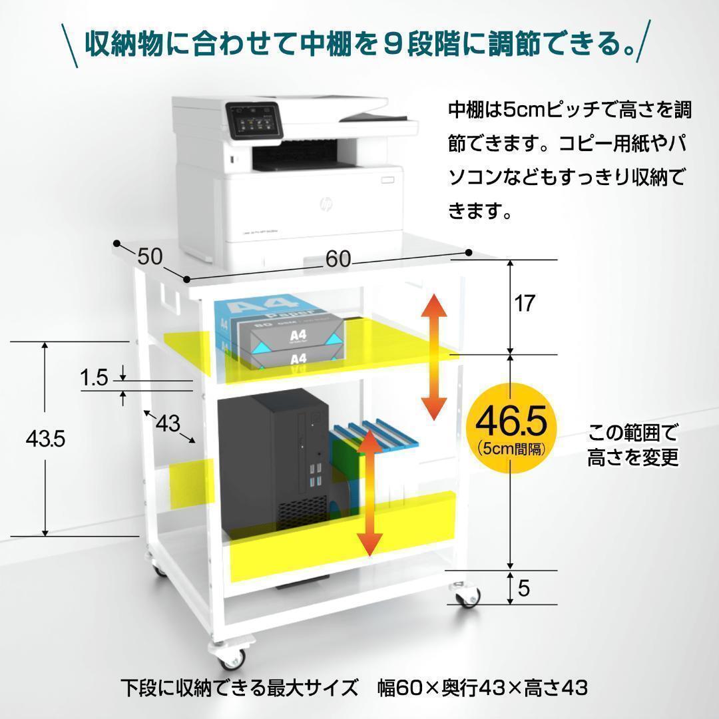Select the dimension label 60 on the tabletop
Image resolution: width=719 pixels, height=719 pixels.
coord(338,260)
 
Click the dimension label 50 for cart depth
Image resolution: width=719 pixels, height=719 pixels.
coord(150,257)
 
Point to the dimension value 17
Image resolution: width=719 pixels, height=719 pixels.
coord(525,304)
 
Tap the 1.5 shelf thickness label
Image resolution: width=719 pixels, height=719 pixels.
coord(94,378)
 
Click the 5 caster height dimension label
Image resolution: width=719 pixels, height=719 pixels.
coord(523,589)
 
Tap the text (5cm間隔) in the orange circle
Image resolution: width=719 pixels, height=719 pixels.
coord(511,449)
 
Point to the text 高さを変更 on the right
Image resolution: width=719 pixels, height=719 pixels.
coord(633,458)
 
